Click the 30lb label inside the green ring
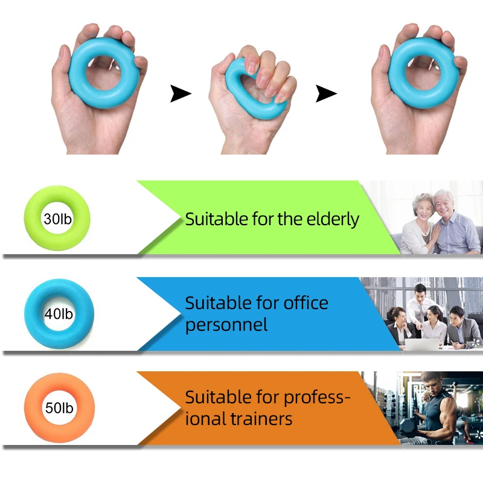point(57,219)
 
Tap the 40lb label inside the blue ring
point(59,314)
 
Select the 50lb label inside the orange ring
point(59,408)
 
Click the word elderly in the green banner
point(333,220)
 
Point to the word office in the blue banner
point(305,303)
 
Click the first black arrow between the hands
point(181,94)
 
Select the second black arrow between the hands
point(326,94)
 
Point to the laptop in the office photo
point(421,344)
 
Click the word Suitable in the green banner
point(217,219)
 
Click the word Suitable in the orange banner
point(217,397)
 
